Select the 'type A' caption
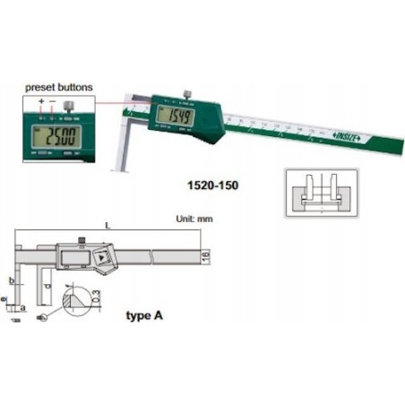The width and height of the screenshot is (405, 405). click(x=140, y=315)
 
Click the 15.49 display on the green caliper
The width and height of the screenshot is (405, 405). click(x=168, y=116)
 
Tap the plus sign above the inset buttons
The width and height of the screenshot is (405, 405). click(x=41, y=102)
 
